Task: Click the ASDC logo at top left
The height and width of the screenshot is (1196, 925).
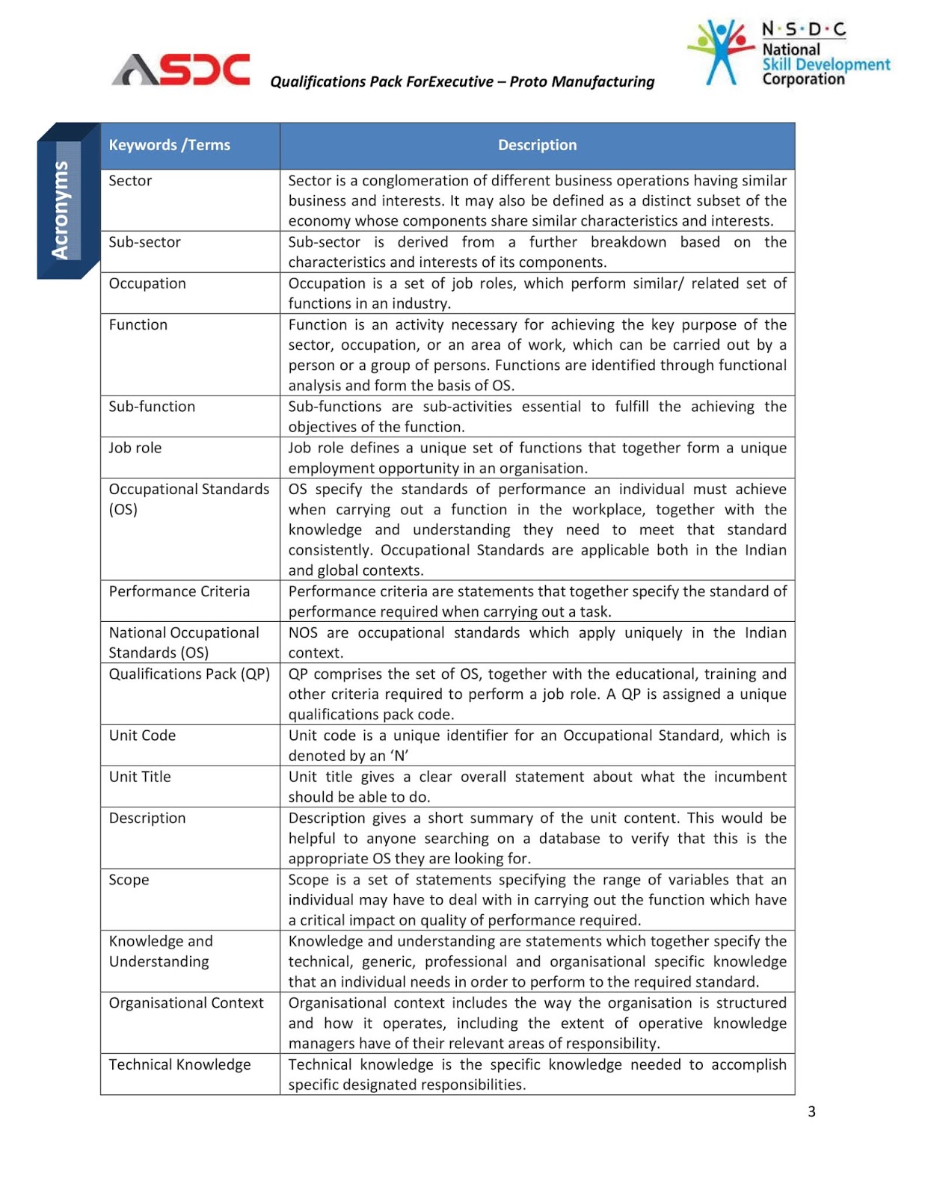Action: point(181,70)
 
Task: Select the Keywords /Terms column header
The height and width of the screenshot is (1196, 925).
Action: point(169,145)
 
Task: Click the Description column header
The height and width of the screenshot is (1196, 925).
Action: point(537,145)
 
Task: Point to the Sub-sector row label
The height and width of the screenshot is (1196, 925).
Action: point(144,242)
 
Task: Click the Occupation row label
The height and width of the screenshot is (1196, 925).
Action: point(147,283)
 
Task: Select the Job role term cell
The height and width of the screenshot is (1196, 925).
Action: point(135,448)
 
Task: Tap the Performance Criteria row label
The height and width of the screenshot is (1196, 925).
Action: point(179,591)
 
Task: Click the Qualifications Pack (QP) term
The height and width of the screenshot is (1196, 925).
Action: point(189,673)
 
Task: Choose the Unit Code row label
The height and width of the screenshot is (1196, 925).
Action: point(142,736)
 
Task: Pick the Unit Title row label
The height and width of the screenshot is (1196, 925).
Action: point(140,777)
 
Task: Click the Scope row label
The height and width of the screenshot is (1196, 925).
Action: point(129,880)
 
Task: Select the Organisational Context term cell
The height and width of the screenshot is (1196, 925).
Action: point(186,1003)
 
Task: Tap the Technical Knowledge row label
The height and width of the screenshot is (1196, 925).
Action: point(179,1064)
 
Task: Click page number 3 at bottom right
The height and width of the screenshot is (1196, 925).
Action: point(811,1112)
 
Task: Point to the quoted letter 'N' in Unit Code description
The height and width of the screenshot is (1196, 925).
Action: point(399,756)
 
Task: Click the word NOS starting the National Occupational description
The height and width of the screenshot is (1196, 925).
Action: point(303,632)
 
